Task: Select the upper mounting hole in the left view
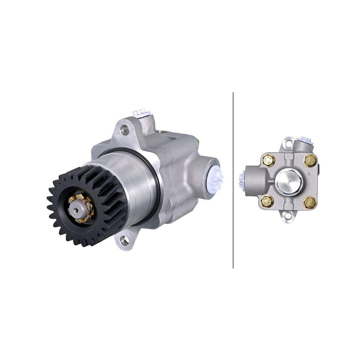125,130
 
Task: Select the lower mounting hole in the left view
125,240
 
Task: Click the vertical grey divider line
233,180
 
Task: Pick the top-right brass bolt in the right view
310,161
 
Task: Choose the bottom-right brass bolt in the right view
310,202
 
